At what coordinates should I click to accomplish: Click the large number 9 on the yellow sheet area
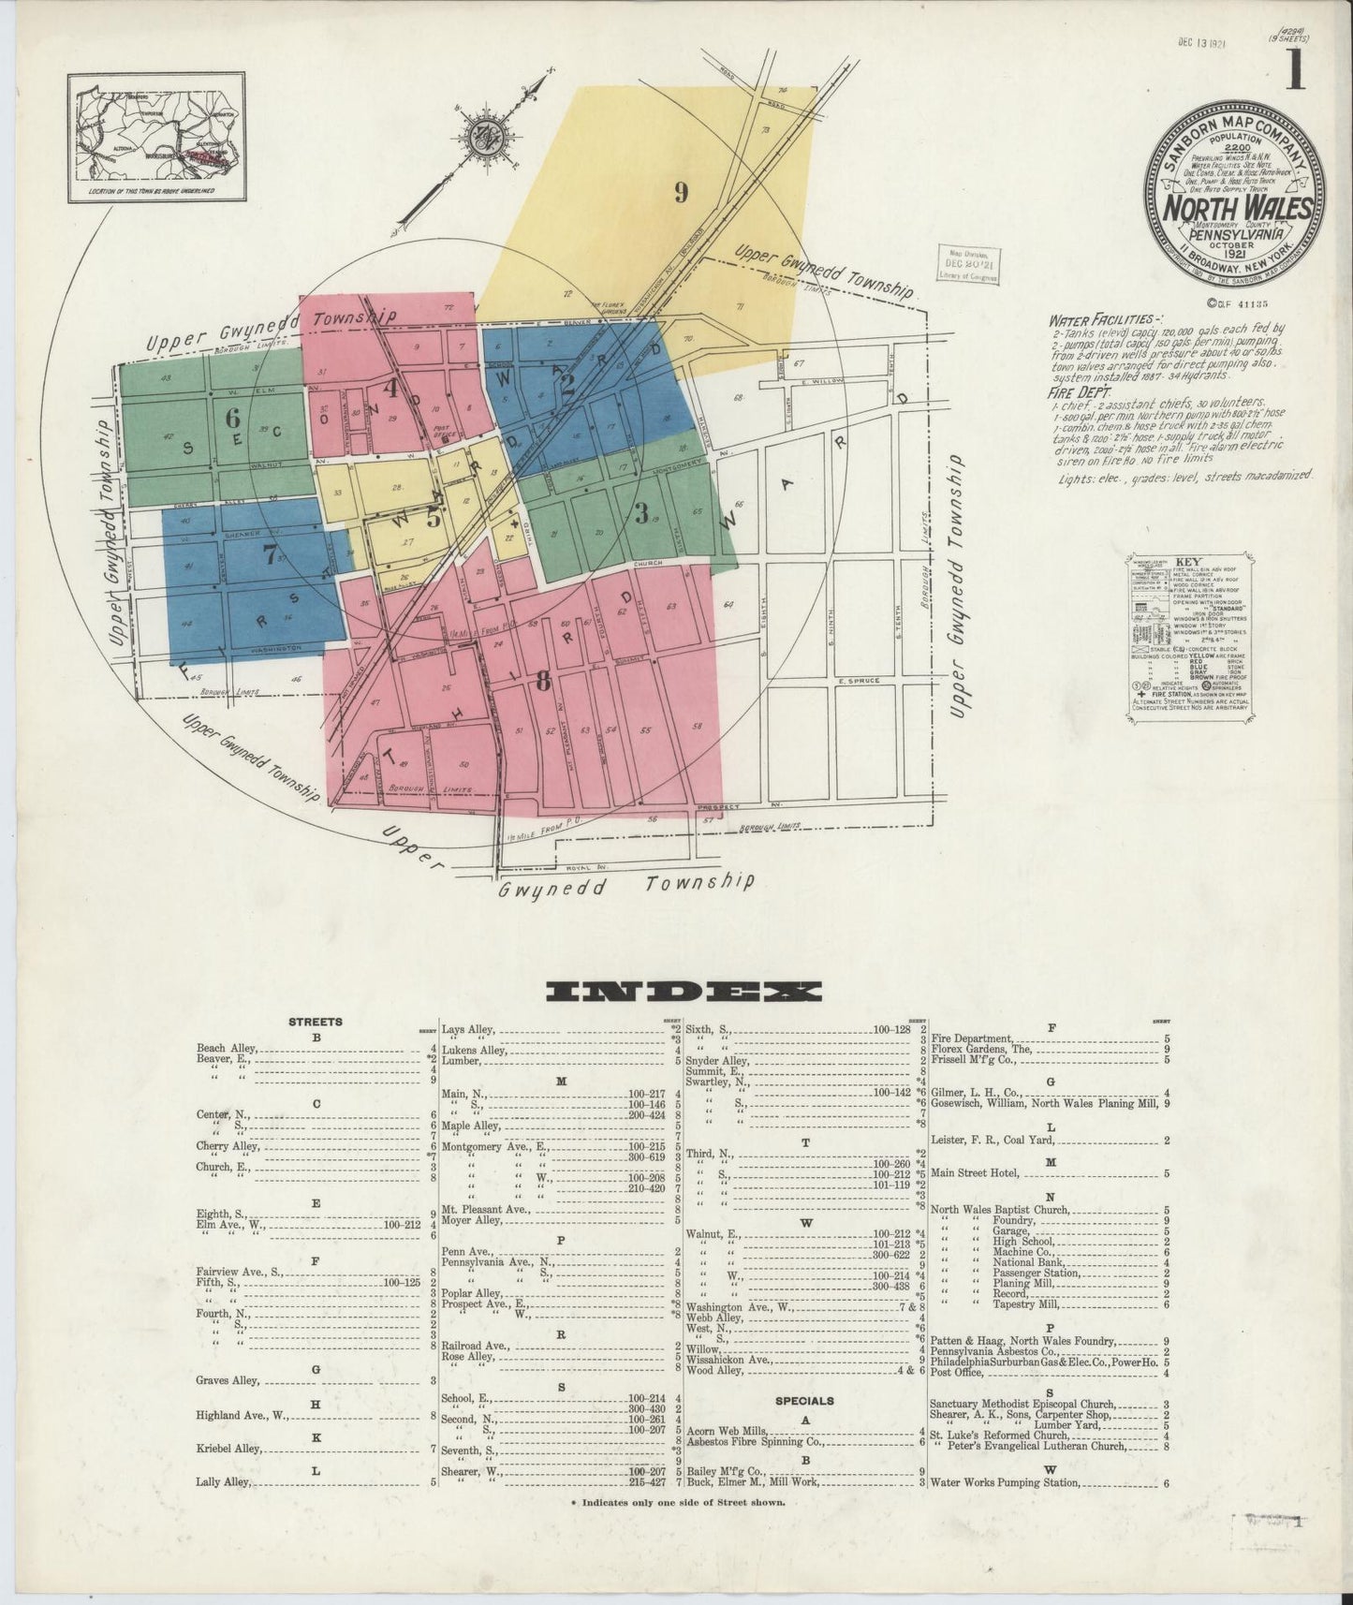[682, 193]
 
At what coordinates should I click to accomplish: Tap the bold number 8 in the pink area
[542, 683]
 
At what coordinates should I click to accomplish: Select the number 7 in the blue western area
[269, 553]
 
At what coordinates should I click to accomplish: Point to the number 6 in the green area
[230, 419]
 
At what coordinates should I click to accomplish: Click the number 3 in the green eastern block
[641, 513]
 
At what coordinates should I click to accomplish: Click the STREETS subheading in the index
[316, 1022]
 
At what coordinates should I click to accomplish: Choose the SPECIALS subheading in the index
[804, 1401]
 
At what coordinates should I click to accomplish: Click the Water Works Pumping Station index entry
[1006, 1483]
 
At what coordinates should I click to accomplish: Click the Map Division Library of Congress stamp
[969, 263]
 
